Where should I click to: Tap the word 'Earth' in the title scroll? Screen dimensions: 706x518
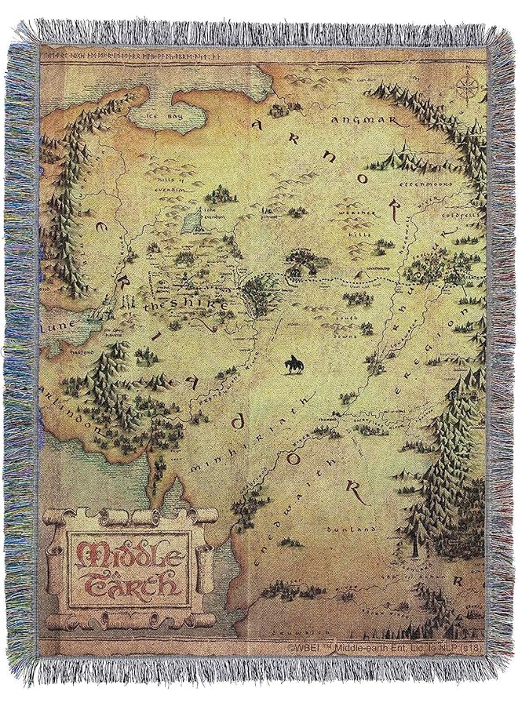point(126,583)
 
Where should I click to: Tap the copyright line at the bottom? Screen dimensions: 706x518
point(385,648)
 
